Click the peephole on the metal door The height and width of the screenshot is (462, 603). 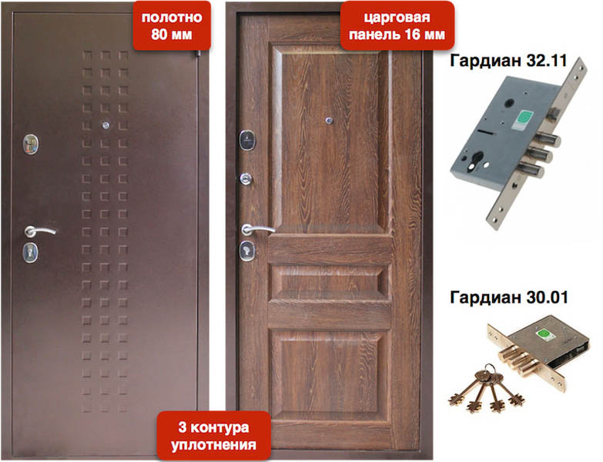[106, 125]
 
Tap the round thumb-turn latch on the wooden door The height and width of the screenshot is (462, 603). [246, 179]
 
